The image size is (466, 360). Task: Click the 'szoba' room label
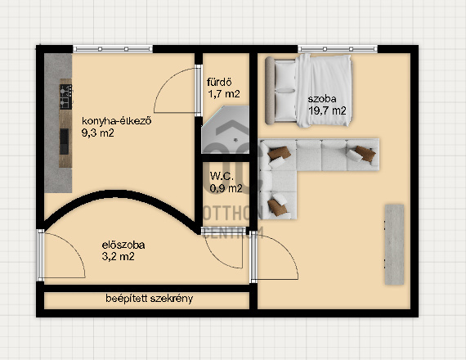coord(322,99)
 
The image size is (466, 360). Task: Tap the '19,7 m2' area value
coord(327,111)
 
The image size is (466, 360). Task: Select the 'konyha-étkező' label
coord(117,121)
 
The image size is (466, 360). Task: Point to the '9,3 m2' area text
coord(98,133)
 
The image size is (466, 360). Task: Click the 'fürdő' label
coord(219,82)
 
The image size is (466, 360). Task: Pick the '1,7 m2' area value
coord(224,94)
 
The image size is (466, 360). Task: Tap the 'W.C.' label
coord(222,176)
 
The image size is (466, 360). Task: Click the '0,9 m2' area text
coord(226,188)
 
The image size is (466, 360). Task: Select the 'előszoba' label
coord(123,245)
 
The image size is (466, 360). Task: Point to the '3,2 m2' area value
coord(118,256)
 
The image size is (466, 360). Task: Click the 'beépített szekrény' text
coord(149,299)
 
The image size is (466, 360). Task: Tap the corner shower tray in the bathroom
coord(225,130)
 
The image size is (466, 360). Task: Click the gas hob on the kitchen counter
coord(65,97)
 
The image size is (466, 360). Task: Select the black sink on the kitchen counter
coord(65,142)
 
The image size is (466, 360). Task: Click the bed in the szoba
coord(308,91)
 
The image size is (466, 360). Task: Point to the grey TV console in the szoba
coord(394,245)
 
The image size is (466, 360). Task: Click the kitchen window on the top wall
coord(113,49)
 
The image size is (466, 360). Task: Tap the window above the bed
coord(338,49)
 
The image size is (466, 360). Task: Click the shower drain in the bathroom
coord(236,139)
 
